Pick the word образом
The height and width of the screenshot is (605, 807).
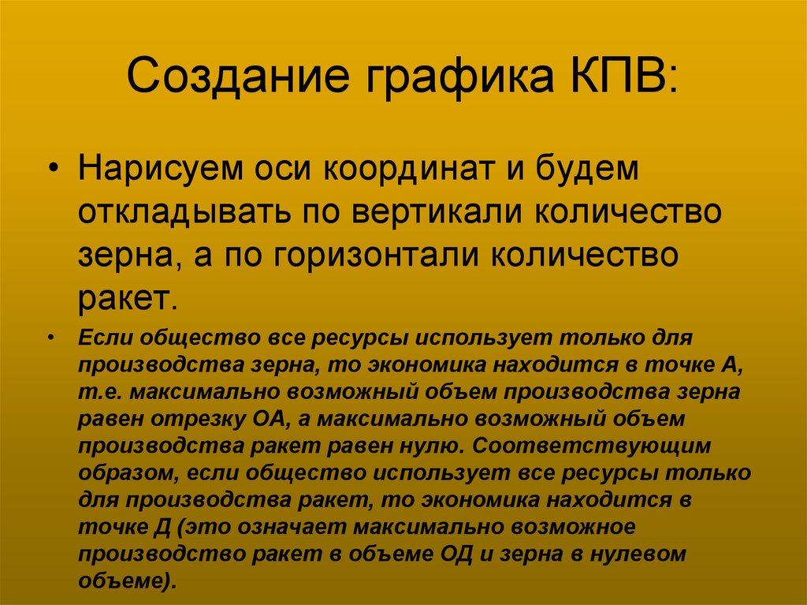pyautogui.click(x=117, y=472)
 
